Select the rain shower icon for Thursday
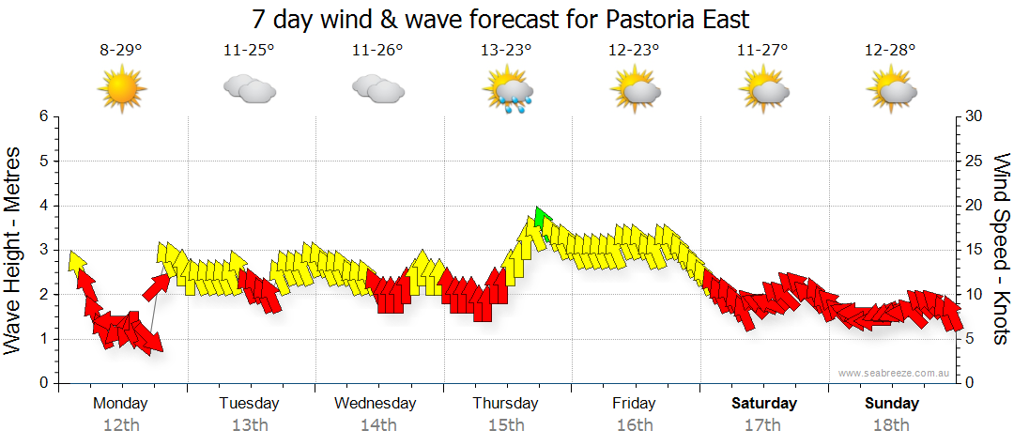508,92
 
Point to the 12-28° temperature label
891,51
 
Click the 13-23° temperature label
506,51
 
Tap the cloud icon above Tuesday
249,90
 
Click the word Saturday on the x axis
764,404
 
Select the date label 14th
377,425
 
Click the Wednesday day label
376,404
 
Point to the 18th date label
892,425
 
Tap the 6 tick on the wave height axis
42,116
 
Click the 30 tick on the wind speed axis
975,116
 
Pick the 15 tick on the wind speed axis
975,250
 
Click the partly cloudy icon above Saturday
764,90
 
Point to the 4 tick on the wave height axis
42,206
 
